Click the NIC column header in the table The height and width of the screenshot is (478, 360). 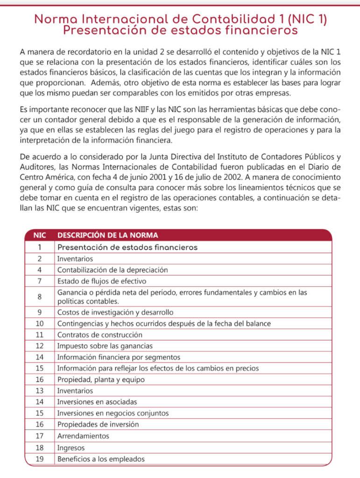click(39, 235)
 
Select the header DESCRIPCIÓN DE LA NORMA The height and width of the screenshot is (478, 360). click(107, 235)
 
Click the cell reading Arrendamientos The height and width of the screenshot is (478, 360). click(83, 436)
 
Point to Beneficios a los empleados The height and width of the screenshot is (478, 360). click(101, 459)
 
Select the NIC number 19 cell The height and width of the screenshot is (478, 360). click(39, 459)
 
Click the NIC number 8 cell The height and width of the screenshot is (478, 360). click(39, 297)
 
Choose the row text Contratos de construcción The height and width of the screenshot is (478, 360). click(99, 335)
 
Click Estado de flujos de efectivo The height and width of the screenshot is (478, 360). click(102, 281)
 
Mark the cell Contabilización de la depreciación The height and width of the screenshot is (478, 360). click(113, 270)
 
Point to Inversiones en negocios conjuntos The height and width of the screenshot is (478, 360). click(113, 414)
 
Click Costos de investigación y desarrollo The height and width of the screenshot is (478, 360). click(115, 312)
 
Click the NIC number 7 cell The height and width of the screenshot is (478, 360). click(39, 281)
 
